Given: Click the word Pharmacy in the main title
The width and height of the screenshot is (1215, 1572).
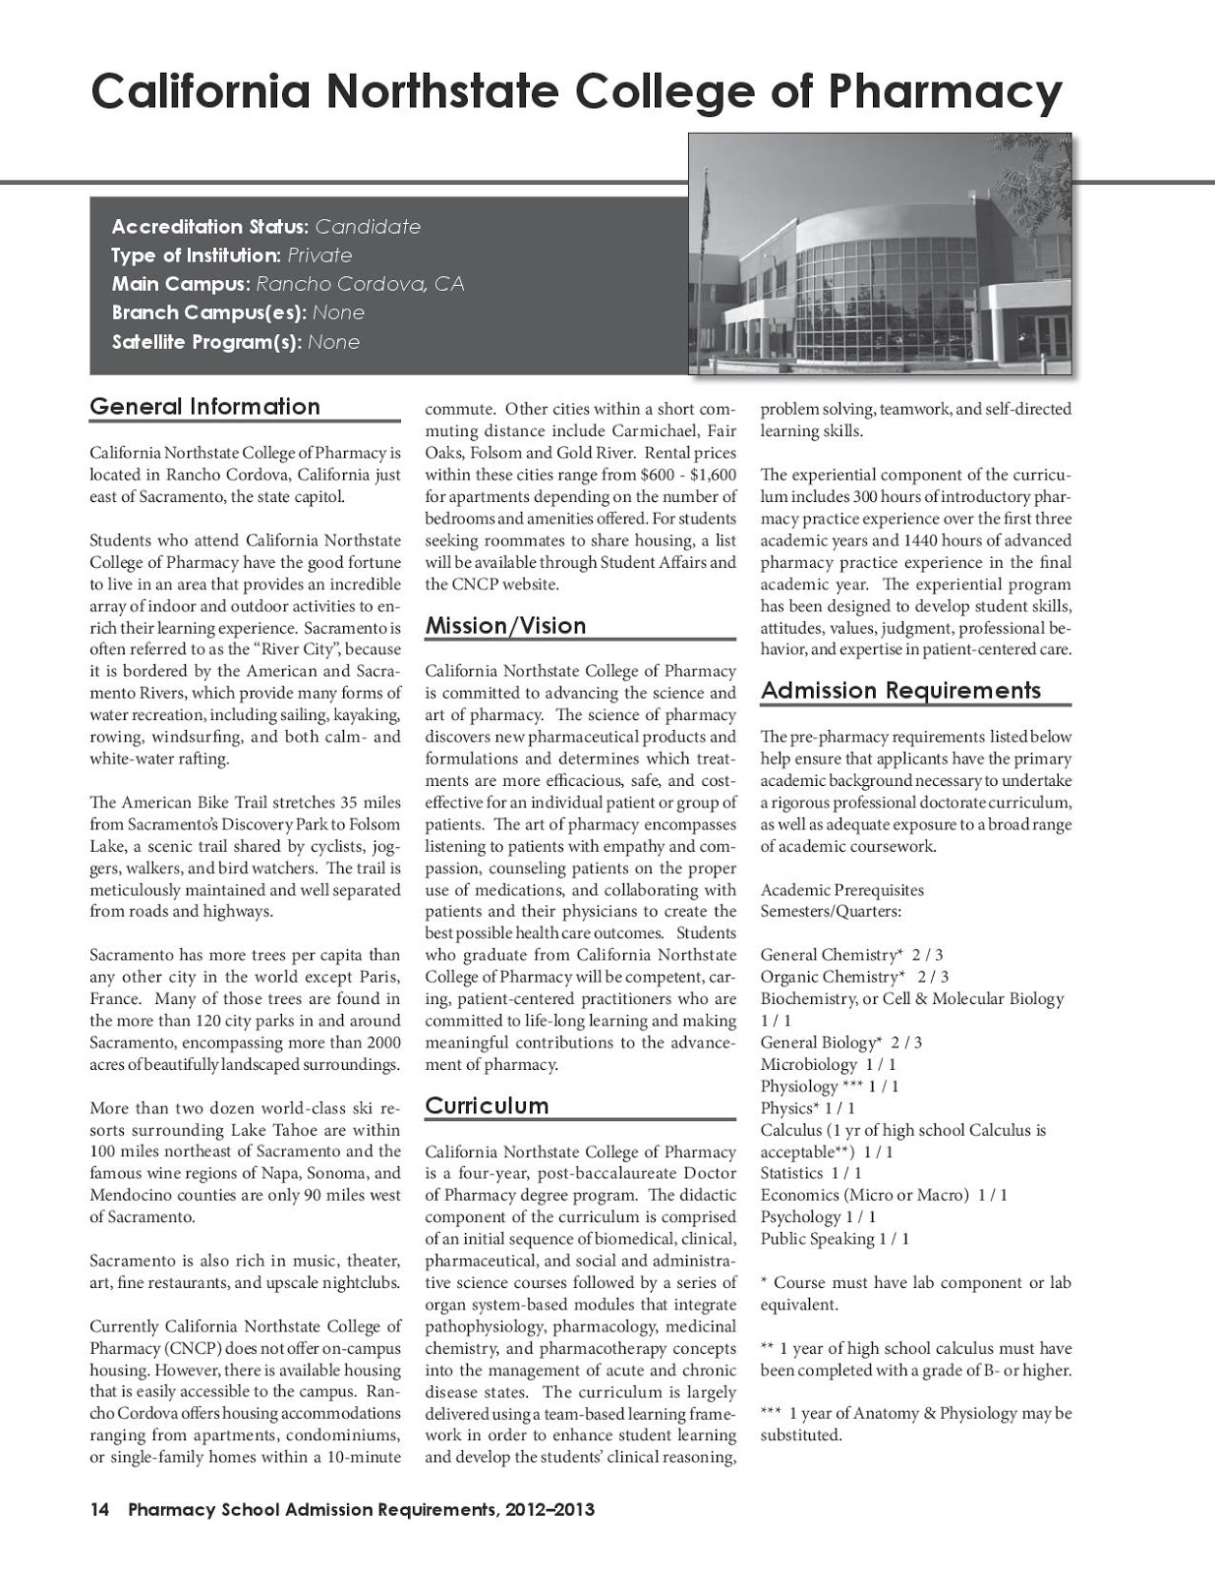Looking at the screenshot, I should coord(945,92).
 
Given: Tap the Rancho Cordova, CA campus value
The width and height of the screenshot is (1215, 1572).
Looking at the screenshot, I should coord(360,285).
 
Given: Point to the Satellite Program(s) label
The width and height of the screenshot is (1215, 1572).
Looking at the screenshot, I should coord(206,343).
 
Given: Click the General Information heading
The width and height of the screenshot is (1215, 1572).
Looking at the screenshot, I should coord(204,407).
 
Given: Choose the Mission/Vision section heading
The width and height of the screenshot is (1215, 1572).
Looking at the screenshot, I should coord(505,626).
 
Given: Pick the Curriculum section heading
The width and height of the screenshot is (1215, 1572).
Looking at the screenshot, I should coord(487,1106).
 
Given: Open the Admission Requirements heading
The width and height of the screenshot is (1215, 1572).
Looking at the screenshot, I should coord(900,691).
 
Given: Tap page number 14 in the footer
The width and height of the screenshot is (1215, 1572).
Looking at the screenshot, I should coord(99,1509).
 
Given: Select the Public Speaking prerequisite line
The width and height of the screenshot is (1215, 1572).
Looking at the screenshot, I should coord(835,1239).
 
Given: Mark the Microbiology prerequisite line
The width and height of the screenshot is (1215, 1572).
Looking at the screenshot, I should coord(828,1064).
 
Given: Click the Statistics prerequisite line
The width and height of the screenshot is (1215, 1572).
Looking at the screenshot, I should coord(811,1173).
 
